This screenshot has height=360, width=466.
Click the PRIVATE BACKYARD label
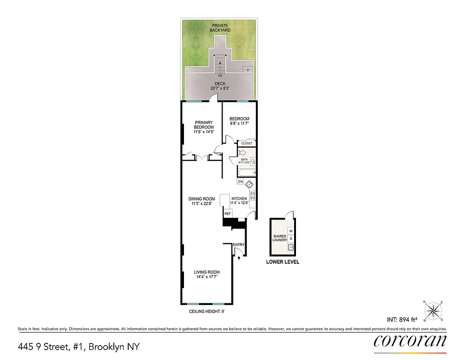[x=221, y=27]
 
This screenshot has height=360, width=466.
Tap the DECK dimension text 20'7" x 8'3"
[x=220, y=89]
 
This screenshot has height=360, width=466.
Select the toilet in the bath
[x=242, y=153]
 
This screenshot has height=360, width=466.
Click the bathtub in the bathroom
[x=246, y=173]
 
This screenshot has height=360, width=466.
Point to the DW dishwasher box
[x=241, y=182]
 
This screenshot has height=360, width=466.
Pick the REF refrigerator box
[x=228, y=214]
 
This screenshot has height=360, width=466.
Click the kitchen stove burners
[x=253, y=196]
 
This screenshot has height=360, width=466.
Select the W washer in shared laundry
[x=291, y=231]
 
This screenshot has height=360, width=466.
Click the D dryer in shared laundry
[x=291, y=238]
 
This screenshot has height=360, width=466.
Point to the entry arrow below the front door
[x=239, y=258]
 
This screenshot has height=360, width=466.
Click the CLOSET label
[x=246, y=144]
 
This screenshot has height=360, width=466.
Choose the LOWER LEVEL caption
[x=282, y=262]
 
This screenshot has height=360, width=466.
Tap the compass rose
[x=434, y=310]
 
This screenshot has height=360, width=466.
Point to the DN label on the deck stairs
[x=220, y=76]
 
